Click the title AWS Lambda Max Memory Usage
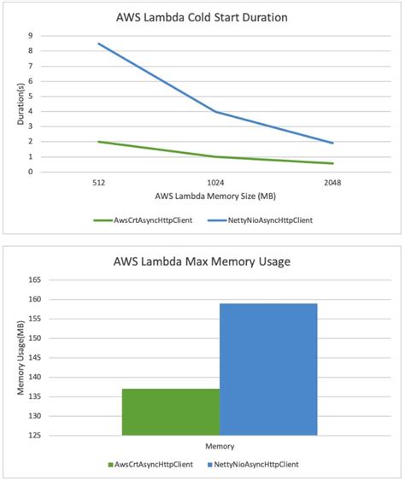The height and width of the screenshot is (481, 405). tap(202, 261)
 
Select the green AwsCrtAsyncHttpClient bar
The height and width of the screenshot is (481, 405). tap(171, 412)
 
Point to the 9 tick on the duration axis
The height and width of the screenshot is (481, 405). tap(31, 36)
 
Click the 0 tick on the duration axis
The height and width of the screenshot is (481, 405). tap(31, 172)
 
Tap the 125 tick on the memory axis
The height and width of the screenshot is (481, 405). tap(36, 436)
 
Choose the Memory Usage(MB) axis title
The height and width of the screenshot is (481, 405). tap(18, 358)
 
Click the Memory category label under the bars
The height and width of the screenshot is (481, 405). tap(220, 447)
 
